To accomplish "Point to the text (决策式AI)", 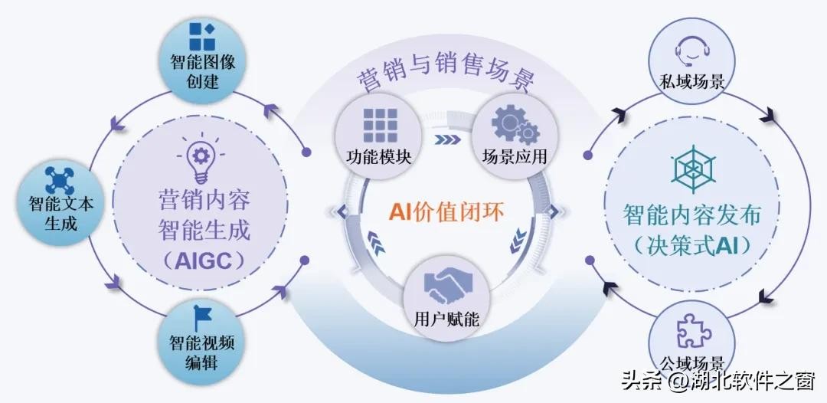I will (x=692, y=246).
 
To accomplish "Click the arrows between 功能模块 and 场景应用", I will (x=446, y=140).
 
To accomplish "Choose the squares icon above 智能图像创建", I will (x=202, y=35).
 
